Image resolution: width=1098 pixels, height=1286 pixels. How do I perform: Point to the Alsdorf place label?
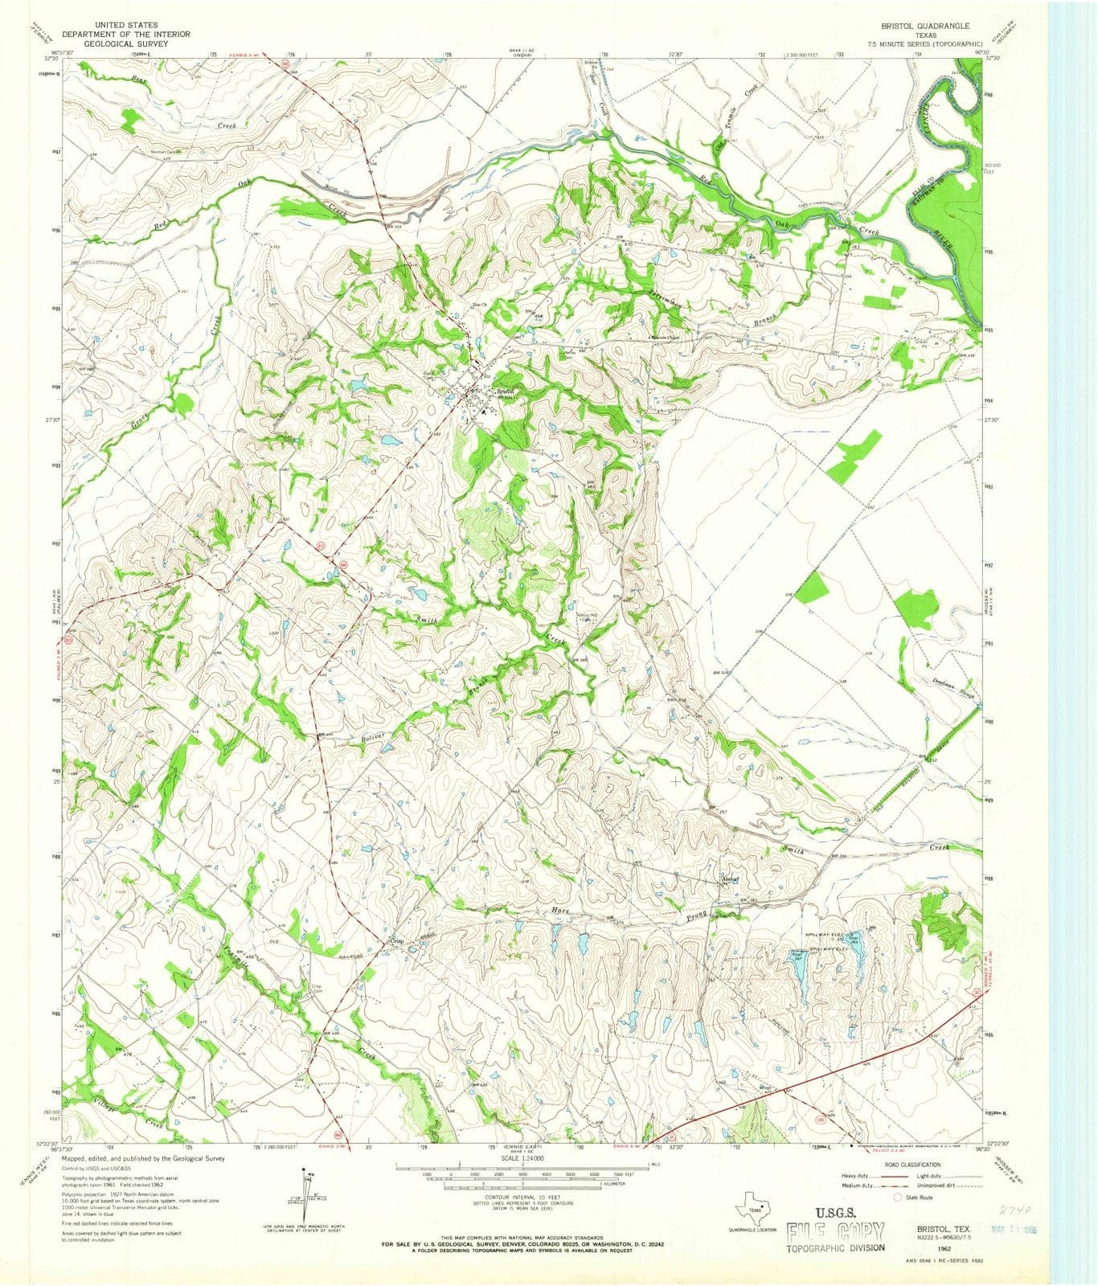tap(729, 879)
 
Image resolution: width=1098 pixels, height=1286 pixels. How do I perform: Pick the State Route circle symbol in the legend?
tap(898, 1197)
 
